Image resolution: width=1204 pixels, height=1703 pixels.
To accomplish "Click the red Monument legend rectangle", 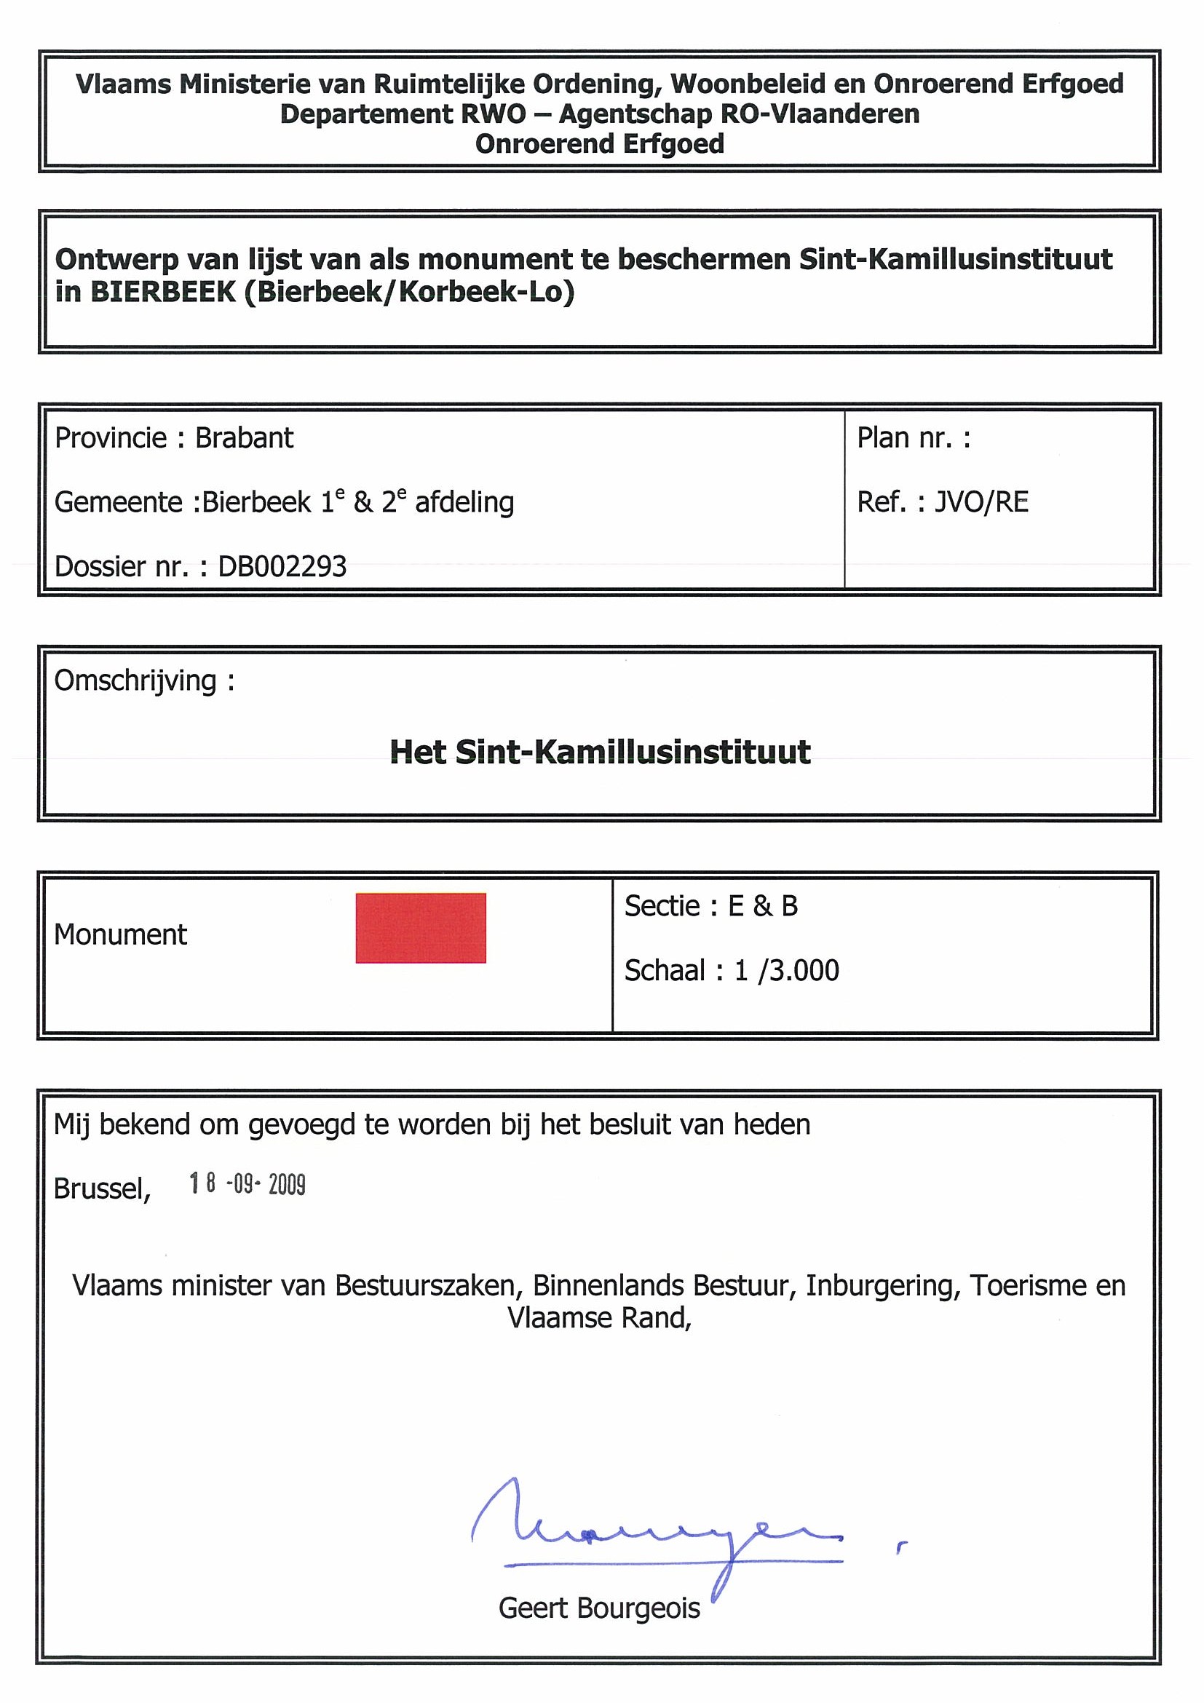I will coord(421,928).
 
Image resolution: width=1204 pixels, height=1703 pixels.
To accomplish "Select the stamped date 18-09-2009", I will coord(247,1184).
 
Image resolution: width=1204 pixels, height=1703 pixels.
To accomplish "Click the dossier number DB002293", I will coord(282,567).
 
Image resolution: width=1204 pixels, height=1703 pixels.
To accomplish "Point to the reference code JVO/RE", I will coord(981,502).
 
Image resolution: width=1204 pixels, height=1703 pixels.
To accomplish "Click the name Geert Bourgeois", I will coord(599,1608).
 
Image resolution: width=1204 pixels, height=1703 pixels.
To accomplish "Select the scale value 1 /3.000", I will coord(786,970).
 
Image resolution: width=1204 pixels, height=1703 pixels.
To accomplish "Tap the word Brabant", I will coord(244,438).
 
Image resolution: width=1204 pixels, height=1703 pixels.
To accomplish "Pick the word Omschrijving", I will coord(135,681).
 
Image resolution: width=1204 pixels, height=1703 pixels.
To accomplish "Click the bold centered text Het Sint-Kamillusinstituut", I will coord(600,752).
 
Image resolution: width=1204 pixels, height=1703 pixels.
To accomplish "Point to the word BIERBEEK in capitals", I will coord(162,293).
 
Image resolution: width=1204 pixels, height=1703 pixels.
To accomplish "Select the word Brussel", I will coord(102,1189).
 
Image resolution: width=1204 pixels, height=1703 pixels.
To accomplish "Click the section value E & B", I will coord(763,905).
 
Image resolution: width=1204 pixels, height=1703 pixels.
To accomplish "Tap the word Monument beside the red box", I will coord(120,934).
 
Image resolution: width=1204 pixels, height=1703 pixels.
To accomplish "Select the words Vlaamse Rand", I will coord(598,1318).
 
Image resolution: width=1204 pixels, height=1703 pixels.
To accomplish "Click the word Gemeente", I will coord(119,503).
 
